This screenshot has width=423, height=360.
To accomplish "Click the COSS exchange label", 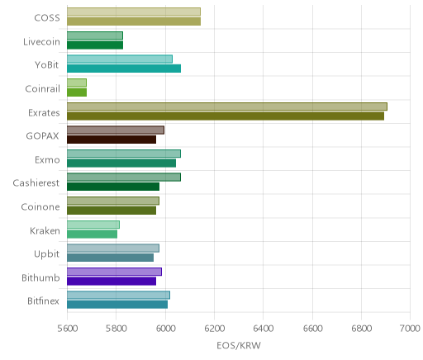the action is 47,17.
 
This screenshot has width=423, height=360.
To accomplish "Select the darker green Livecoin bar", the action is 95,45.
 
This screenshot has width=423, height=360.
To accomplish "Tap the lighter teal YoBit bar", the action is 120,59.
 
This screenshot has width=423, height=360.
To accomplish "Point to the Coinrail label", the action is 42,88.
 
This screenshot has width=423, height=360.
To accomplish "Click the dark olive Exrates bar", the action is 226,116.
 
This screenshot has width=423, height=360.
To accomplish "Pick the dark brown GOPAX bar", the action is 112,140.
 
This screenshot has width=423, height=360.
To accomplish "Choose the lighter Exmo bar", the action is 124,154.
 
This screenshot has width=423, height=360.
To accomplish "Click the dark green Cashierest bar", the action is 113,187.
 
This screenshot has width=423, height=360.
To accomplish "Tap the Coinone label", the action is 40,206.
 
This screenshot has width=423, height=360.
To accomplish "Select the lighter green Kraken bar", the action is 93,225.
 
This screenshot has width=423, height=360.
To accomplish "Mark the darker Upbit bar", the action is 111,258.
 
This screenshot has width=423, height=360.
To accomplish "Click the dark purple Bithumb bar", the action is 112,281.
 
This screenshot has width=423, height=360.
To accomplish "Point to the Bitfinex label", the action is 43,301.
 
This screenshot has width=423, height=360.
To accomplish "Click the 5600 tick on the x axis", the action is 67,328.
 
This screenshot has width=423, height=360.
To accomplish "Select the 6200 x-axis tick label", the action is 214,328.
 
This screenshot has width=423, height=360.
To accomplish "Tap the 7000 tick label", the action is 410,328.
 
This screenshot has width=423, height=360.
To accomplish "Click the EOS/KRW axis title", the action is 239,345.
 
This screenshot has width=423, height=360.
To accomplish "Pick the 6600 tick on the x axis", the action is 312,328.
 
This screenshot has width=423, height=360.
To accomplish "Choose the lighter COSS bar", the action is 134,12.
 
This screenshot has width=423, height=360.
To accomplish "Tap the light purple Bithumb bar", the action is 114,272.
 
